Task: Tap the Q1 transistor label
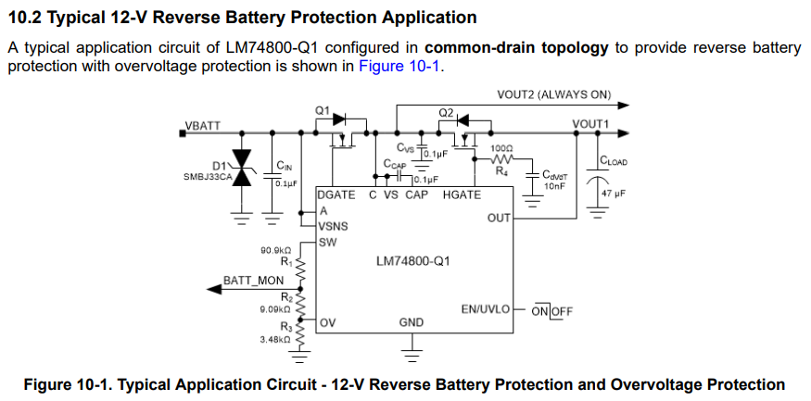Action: pos(323,110)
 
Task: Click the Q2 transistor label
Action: pos(446,113)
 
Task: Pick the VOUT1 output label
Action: pos(590,124)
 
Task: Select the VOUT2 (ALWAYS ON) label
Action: pos(556,94)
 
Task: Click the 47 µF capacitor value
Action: pos(614,194)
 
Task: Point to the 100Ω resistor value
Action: pos(502,148)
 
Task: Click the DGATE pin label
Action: pos(336,195)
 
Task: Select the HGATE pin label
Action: pos(462,195)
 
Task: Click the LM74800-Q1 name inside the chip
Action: pos(412,260)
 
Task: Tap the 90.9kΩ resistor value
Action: pos(276,250)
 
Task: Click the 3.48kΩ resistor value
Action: pos(275,340)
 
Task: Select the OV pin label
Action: pos(328,322)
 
